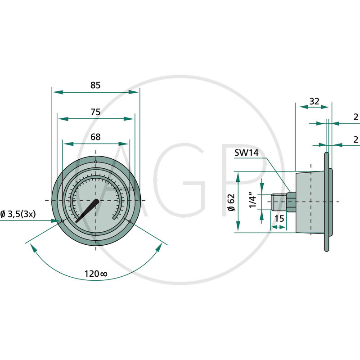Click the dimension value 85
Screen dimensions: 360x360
click(95, 85)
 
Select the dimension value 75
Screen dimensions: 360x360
click(95, 112)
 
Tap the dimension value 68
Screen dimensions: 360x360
click(95, 137)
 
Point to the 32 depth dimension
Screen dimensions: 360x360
click(315, 102)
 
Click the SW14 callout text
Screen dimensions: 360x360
click(246, 153)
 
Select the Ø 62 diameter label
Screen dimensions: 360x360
click(231, 202)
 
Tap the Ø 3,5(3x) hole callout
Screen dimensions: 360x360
click(18, 214)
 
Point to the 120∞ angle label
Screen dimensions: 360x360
click(95, 274)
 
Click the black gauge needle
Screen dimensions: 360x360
click(88, 210)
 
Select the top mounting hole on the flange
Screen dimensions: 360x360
click(96, 162)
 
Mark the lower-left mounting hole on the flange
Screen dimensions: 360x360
click(62, 220)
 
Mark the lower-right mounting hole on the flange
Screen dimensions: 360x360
click(130, 220)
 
